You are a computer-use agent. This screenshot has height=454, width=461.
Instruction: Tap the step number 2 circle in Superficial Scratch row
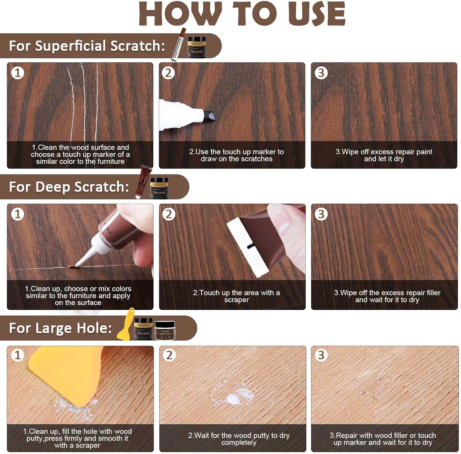168,73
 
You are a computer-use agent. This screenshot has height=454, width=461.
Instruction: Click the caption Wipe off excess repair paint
384,155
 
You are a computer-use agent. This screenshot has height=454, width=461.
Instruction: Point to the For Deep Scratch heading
69,187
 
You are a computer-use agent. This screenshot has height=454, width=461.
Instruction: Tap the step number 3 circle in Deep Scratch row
321,214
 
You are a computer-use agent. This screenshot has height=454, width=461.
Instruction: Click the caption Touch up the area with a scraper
236,296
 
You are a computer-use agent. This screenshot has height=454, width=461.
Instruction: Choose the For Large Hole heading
60,328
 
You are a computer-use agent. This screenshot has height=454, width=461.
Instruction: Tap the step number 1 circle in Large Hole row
17,355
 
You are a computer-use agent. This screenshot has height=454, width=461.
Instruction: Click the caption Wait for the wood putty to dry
239,439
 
